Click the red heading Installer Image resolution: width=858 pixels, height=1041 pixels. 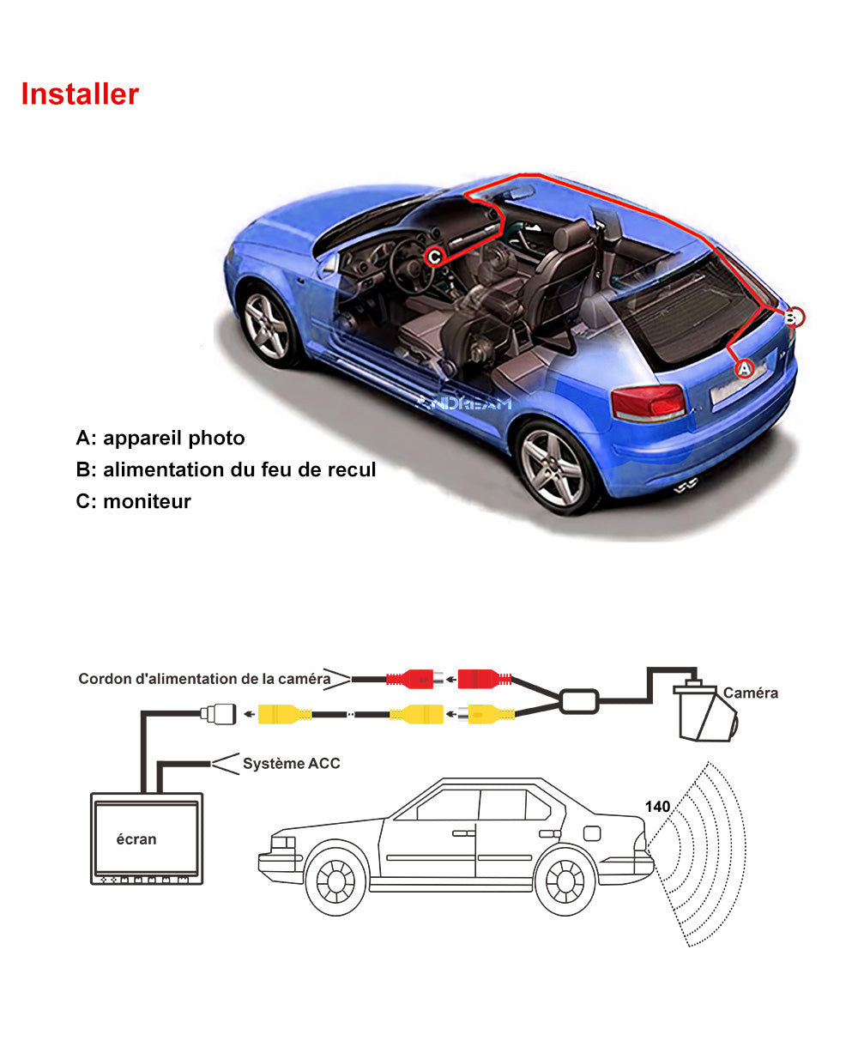coord(80,94)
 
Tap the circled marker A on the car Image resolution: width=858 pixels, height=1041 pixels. coord(745,368)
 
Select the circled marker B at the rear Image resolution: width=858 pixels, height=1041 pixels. coord(795,318)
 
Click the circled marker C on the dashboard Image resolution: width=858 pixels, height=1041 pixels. coord(435,256)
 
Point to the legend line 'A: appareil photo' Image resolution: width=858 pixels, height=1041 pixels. coord(160,439)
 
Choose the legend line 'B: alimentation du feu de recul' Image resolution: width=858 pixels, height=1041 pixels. coord(226,469)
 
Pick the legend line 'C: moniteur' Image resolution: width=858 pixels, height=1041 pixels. coord(133,501)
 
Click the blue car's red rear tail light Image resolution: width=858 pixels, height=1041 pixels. coord(648,402)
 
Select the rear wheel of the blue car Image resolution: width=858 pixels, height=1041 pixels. coord(553,467)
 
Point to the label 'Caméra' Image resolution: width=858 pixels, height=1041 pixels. coord(751,693)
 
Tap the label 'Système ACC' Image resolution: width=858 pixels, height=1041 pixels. coord(291,763)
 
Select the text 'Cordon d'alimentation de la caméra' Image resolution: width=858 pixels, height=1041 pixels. coord(204,679)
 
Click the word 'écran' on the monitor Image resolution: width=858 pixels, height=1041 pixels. coord(136,838)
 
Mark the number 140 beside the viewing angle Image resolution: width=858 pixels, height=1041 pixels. coord(657,806)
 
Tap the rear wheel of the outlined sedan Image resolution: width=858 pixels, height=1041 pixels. coord(565,882)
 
